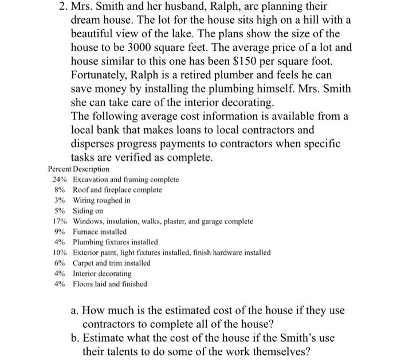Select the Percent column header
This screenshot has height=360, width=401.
tap(60, 169)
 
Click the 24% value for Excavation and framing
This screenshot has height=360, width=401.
tap(60, 180)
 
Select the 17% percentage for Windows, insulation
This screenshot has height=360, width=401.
tap(60, 221)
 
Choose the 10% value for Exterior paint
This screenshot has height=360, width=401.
tap(60, 252)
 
